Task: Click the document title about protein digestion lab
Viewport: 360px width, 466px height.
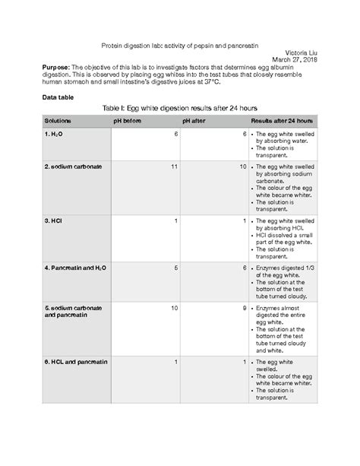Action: click(178, 45)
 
